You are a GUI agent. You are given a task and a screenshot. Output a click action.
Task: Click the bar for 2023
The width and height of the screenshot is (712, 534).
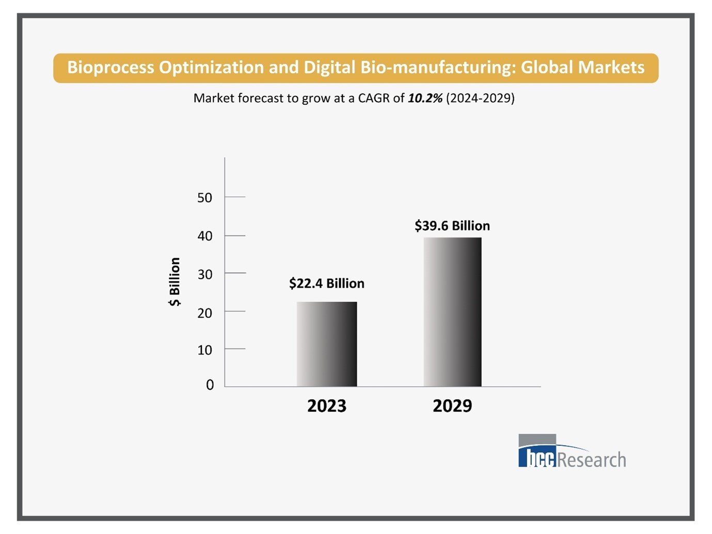coord(326,344)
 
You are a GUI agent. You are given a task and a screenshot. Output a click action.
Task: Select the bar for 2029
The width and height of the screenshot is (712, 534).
coord(452,312)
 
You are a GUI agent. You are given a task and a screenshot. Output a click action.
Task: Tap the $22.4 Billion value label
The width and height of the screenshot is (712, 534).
coord(326,284)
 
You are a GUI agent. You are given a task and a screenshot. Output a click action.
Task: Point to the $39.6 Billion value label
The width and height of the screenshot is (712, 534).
coord(452,226)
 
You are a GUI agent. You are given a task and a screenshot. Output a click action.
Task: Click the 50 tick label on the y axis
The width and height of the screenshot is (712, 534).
coord(204,198)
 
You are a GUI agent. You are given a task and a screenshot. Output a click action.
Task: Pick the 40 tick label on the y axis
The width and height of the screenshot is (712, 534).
coord(204,236)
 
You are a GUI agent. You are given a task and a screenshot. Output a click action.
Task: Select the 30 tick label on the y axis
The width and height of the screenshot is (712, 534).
coord(204,274)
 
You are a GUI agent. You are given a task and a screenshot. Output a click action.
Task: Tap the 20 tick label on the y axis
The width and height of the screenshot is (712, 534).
coord(204,312)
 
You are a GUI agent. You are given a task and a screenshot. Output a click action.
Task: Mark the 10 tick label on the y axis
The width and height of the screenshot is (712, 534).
coord(204,350)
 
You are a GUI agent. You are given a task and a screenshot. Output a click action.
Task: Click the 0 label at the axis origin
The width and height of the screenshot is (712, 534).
coord(210,385)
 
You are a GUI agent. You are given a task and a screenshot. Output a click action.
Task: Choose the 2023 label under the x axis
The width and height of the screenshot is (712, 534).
coord(326,406)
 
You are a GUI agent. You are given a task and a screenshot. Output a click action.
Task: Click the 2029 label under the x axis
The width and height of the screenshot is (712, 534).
coord(452,406)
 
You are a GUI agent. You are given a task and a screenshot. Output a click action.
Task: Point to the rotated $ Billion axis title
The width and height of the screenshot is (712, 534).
coord(175,282)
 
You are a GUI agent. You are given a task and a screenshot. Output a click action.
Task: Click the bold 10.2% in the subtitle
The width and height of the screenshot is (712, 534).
coord(425,98)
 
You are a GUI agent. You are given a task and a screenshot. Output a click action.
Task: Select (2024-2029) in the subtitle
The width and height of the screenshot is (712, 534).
coord(480,98)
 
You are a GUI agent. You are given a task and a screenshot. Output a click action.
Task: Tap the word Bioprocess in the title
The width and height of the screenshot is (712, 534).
coord(110,68)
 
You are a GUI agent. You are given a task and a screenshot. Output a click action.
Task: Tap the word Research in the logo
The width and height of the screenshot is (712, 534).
coord(592,460)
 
